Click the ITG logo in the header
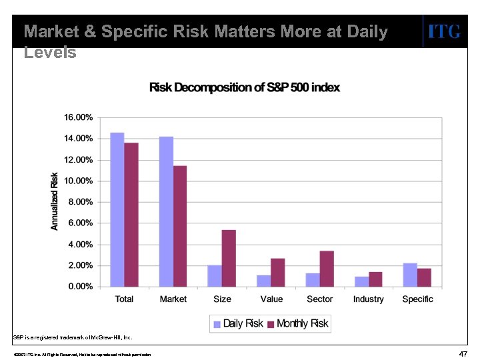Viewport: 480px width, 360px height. [443, 31]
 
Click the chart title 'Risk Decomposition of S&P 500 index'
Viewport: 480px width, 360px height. [244, 88]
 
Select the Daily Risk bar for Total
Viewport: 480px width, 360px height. [117, 209]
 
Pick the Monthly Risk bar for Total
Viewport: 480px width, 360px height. [131, 215]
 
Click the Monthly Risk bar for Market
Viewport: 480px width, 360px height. [180, 226]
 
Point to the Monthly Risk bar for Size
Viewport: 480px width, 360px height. [229, 258]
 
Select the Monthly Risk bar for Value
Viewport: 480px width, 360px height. [277, 273]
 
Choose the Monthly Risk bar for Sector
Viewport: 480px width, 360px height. [327, 269]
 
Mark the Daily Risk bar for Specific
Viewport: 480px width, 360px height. [410, 275]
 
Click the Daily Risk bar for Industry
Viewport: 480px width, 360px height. [361, 281]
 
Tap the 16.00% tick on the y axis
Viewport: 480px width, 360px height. [78, 117]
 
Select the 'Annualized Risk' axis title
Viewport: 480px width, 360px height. [55, 201]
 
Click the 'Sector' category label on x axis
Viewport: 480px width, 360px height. [319, 299]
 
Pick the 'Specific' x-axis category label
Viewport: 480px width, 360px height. [417, 299]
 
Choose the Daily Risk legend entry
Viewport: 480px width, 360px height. [238, 324]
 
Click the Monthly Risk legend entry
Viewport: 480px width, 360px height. [297, 324]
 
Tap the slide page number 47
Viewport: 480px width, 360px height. [463, 353]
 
